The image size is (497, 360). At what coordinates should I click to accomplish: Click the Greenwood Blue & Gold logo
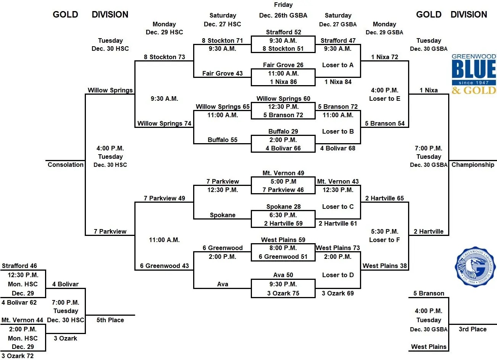click(x=473, y=74)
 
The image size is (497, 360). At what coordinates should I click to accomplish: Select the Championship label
click(x=473, y=165)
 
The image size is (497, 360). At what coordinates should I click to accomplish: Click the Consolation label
click(x=65, y=165)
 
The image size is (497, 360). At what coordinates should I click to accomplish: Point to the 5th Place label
click(x=110, y=320)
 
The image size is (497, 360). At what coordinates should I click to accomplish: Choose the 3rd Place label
click(x=473, y=329)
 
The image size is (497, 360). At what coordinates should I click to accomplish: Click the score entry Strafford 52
click(x=283, y=32)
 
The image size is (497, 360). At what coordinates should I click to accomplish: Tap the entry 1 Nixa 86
click(x=283, y=82)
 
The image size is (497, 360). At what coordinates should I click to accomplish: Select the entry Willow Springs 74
click(x=164, y=123)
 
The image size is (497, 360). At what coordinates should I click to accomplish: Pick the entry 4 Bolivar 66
click(x=283, y=148)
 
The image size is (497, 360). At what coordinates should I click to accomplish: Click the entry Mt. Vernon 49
click(x=283, y=173)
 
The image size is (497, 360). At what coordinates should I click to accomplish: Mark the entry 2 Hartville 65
click(x=384, y=198)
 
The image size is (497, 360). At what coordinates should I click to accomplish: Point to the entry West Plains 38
click(x=384, y=266)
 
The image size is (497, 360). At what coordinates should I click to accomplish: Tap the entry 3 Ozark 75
click(x=283, y=293)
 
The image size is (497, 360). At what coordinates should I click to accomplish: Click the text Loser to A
click(x=338, y=65)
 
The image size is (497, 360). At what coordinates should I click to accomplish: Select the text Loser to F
click(x=384, y=240)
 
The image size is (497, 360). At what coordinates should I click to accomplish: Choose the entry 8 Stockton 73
click(x=164, y=57)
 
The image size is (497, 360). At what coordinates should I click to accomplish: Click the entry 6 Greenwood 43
click(x=164, y=266)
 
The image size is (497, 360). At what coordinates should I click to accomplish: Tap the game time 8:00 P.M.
click(x=283, y=248)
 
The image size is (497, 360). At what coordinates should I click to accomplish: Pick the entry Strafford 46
click(x=19, y=266)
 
